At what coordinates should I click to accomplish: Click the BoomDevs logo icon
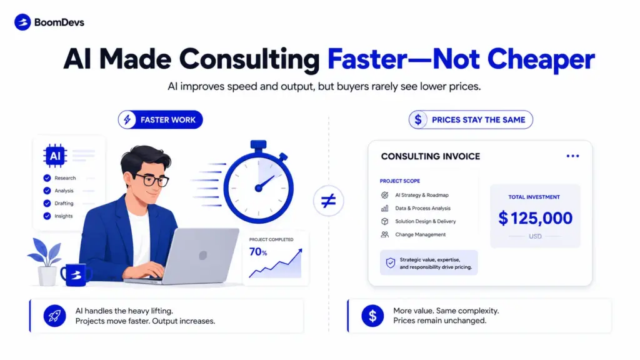pyautogui.click(x=22, y=22)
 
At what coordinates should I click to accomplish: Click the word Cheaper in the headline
pyautogui.click(x=541, y=59)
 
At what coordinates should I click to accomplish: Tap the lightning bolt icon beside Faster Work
pyautogui.click(x=127, y=119)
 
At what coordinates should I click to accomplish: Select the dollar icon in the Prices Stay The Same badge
pyautogui.click(x=418, y=119)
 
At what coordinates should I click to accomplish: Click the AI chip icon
pyautogui.click(x=55, y=156)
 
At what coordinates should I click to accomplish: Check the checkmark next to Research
pyautogui.click(x=47, y=178)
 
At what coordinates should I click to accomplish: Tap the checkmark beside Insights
pyautogui.click(x=47, y=216)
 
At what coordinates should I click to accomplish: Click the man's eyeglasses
pyautogui.click(x=151, y=179)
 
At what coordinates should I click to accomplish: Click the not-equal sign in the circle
pyautogui.click(x=329, y=201)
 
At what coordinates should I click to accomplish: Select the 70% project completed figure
pyautogui.click(x=258, y=252)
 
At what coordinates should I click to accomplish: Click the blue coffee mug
pyautogui.click(x=76, y=275)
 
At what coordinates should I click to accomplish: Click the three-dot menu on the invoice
pyautogui.click(x=572, y=156)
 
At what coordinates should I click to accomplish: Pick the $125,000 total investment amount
pyautogui.click(x=535, y=218)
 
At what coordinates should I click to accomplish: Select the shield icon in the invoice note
pyautogui.click(x=391, y=263)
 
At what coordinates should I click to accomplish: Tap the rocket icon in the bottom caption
pyautogui.click(x=54, y=316)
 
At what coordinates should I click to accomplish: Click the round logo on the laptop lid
pyautogui.click(x=203, y=256)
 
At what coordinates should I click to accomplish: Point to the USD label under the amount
pyautogui.click(x=535, y=236)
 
